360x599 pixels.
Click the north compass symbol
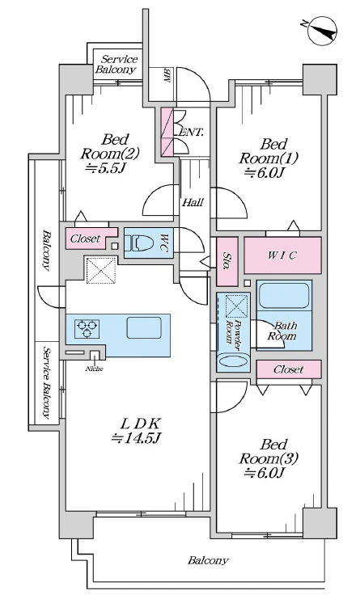[x=322, y=30]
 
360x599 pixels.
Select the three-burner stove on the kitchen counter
[x=87, y=328]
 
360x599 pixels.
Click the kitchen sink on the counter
[x=144, y=327]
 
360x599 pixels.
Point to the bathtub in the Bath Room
[x=284, y=294]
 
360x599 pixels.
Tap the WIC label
[x=282, y=255]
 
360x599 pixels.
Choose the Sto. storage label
[x=227, y=261]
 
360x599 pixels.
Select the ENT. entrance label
[x=191, y=133]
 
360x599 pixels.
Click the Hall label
[x=193, y=202]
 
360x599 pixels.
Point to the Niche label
[x=94, y=369]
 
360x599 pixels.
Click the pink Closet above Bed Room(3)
[x=289, y=369]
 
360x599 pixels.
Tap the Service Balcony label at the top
[x=116, y=64]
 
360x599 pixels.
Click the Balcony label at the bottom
[x=208, y=560]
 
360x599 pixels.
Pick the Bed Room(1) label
[x=268, y=151]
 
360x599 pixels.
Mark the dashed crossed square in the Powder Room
[x=236, y=306]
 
